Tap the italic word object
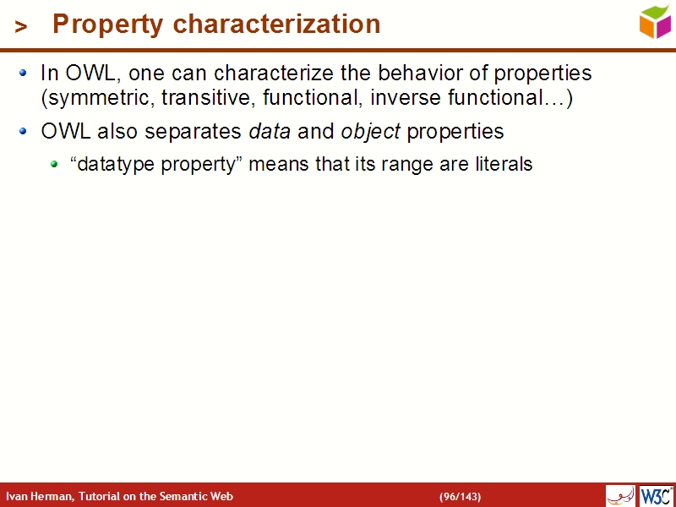(x=370, y=132)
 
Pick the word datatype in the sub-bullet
(x=112, y=164)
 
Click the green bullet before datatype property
(x=55, y=164)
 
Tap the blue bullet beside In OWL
(x=23, y=74)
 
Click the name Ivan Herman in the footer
(x=39, y=496)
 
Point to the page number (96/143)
(x=460, y=496)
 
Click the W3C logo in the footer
(x=657, y=495)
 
